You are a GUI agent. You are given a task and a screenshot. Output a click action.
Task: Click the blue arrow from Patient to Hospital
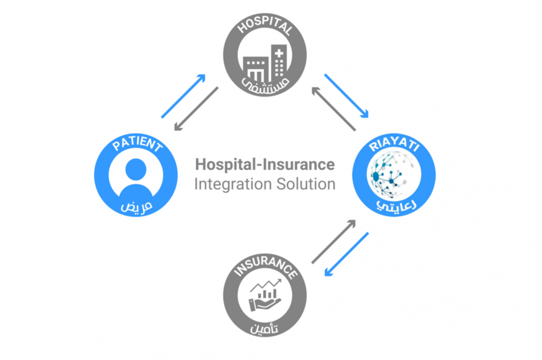(x=183, y=96)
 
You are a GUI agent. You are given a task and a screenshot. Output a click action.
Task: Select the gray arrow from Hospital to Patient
(x=196, y=109)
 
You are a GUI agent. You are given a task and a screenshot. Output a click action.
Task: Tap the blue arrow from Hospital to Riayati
(x=346, y=96)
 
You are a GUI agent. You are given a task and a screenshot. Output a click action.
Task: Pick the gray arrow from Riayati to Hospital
(x=333, y=109)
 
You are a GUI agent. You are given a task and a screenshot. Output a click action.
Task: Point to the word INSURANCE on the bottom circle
(x=265, y=265)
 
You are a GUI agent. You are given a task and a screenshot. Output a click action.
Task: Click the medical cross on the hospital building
(x=279, y=54)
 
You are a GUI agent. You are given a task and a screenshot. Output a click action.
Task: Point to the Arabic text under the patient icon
(x=136, y=207)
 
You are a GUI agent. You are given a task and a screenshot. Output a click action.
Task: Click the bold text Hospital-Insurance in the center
(x=264, y=164)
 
